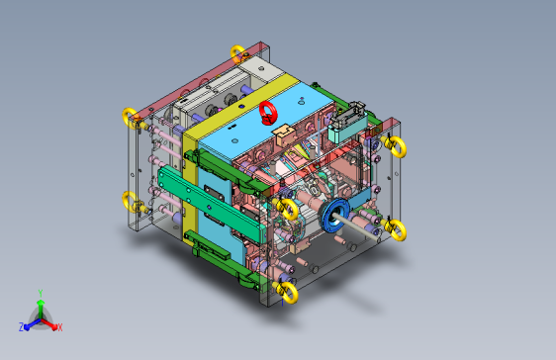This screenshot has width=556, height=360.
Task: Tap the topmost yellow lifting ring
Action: click(237, 52)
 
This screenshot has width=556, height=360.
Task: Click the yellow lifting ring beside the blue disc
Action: click(288, 209)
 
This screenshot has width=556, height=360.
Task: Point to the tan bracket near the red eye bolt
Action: click(279, 130)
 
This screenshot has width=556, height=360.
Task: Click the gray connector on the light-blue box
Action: click(346, 123)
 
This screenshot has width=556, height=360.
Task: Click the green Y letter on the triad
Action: click(40, 293)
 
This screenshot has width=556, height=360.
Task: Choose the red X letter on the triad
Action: click(59, 326)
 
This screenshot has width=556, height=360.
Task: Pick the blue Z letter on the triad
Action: click(21, 326)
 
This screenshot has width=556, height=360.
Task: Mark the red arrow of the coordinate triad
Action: click(50, 322)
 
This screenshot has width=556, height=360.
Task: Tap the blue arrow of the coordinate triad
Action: click(30, 322)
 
